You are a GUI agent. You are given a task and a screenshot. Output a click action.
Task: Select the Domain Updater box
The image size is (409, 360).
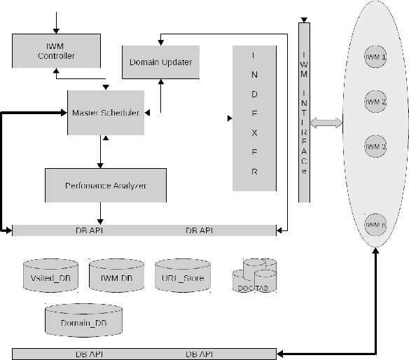coord(161,62)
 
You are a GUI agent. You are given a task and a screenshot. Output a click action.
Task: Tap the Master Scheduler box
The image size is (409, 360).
coord(106,113)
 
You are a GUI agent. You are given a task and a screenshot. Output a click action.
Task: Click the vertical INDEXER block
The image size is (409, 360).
coord(254,117)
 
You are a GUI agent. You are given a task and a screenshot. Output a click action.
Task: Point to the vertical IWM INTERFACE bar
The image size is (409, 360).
coord(303,112)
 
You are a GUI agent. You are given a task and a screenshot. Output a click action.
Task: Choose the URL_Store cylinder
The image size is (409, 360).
coord(182,275)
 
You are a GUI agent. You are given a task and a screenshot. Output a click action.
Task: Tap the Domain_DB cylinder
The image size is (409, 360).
coord(84,321)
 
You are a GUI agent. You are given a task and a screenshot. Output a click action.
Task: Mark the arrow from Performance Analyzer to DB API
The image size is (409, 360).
coord(102,214)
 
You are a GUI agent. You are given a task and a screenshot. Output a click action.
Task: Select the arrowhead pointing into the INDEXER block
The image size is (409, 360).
coord(229,118)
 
